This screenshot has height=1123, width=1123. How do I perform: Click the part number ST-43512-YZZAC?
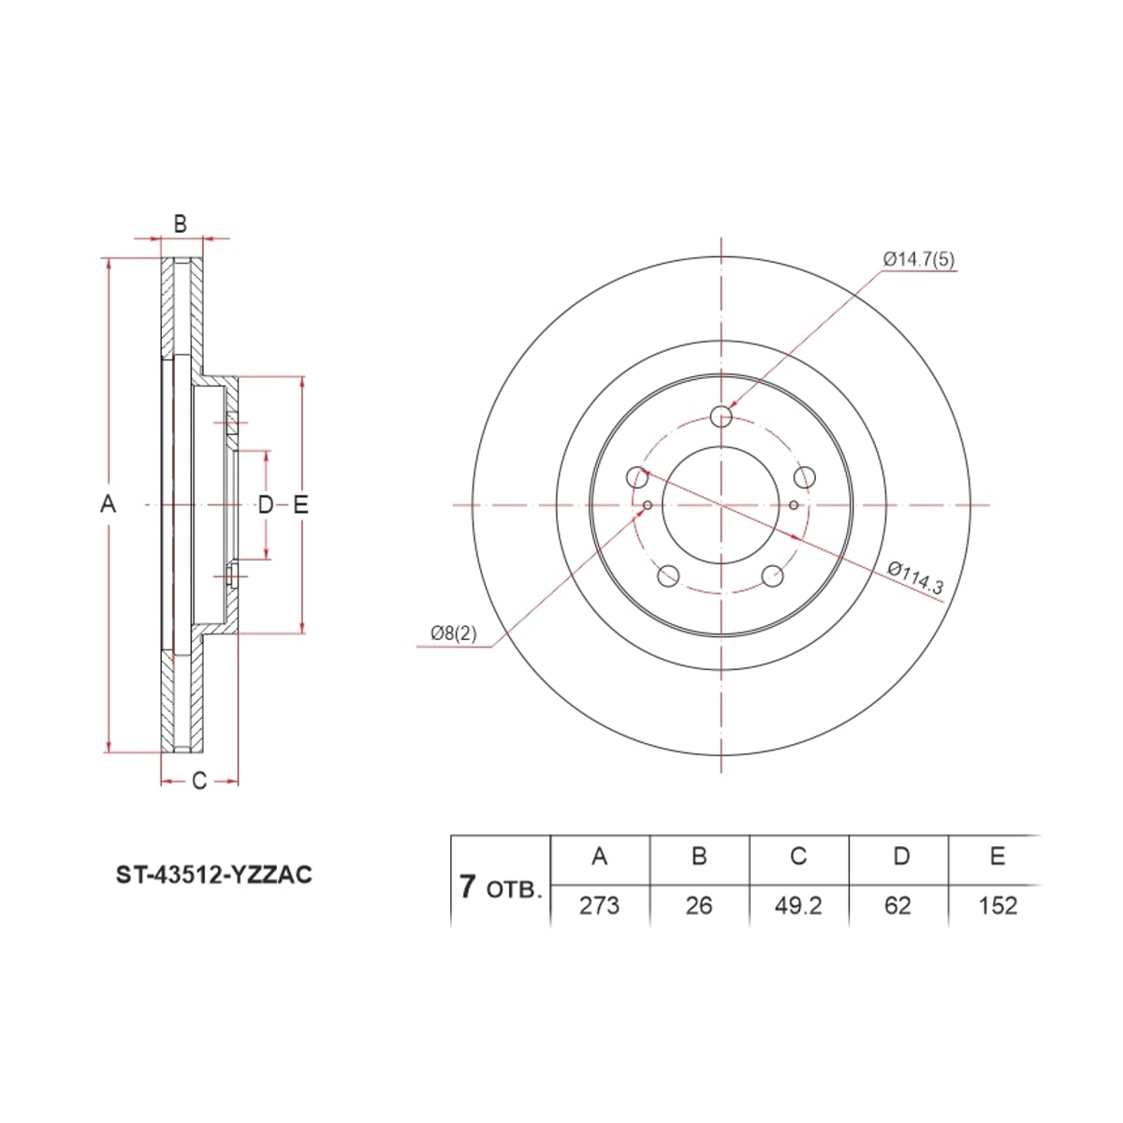click(x=214, y=875)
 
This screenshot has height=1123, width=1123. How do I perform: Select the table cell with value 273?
click(x=599, y=906)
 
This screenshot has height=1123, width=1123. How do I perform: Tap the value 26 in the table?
click(x=699, y=906)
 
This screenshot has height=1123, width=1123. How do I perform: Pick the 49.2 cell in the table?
click(x=798, y=906)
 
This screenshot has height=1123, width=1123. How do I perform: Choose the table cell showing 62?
click(x=897, y=906)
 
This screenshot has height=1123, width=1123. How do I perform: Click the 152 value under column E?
click(x=998, y=906)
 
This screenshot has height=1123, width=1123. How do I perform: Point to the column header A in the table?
click(x=600, y=856)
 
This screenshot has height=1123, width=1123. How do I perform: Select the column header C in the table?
click(x=798, y=856)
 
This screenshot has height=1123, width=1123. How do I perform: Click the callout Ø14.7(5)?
click(x=919, y=259)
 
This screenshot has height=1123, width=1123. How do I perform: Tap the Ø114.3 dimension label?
click(x=915, y=577)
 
